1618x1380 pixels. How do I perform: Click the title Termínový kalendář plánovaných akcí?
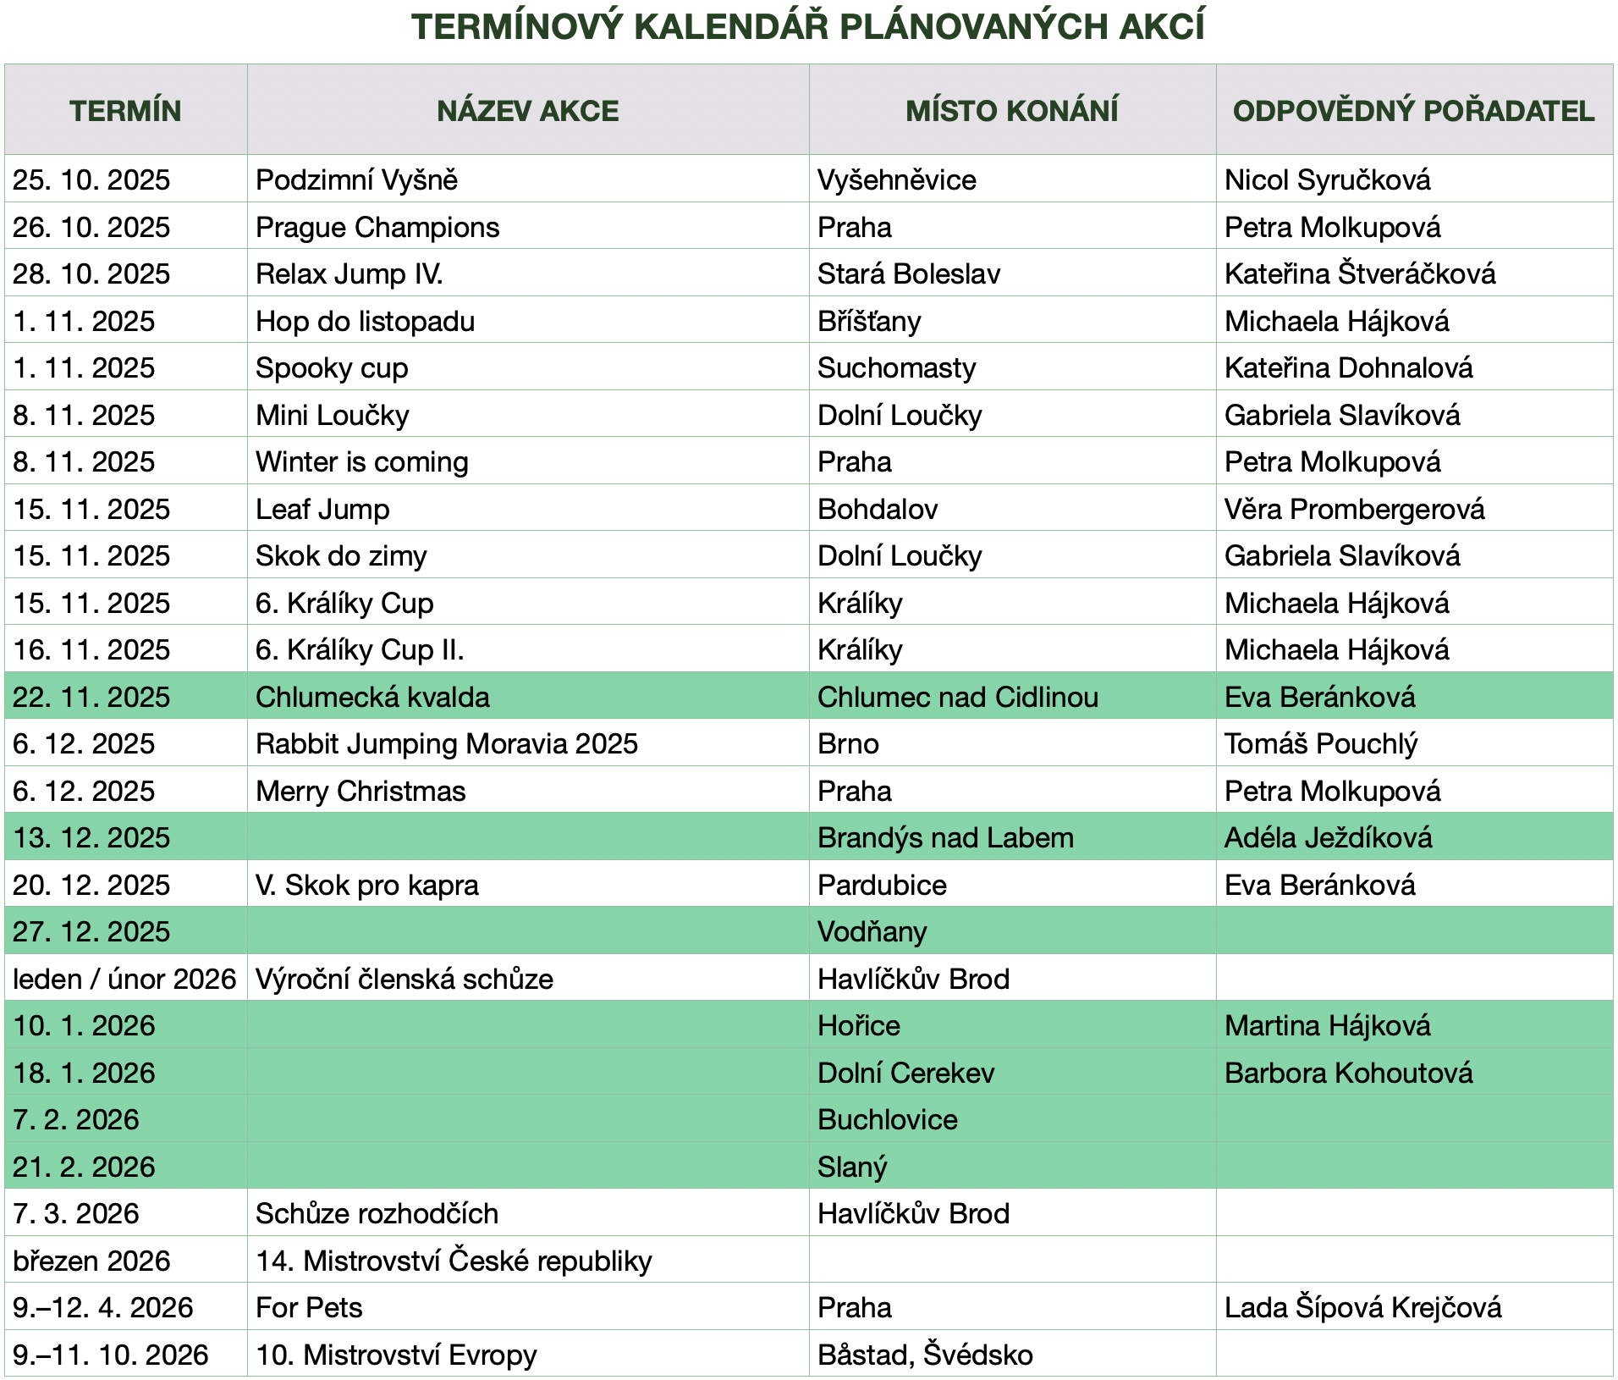[x=808, y=27]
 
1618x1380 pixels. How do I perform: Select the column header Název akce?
[x=527, y=111]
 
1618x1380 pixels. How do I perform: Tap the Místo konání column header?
[x=1011, y=111]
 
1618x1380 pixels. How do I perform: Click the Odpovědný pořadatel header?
[x=1413, y=111]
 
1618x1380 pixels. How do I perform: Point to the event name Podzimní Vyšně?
[x=356, y=180]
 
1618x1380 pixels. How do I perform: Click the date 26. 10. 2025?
[x=91, y=228]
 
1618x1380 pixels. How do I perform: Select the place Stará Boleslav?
[x=908, y=274]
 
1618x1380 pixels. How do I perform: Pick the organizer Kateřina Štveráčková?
[x=1359, y=274]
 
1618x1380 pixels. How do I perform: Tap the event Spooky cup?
[x=332, y=368]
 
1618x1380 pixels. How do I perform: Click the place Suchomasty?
[x=896, y=368]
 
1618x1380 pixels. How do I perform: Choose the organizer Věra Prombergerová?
[x=1354, y=510]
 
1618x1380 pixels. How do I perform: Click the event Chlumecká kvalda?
[x=372, y=698]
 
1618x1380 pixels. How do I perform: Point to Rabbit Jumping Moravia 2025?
[x=447, y=744]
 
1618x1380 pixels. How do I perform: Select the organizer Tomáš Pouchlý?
[x=1320, y=744]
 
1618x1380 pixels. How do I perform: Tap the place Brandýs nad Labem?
[x=944, y=838]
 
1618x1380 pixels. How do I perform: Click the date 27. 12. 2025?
[x=91, y=932]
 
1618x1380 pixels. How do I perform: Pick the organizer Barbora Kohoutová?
[x=1348, y=1074]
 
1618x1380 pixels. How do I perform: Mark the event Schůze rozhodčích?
[x=377, y=1214]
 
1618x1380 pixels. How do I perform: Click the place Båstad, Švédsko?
[x=924, y=1355]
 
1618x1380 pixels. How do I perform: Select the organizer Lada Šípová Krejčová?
[x=1362, y=1308]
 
